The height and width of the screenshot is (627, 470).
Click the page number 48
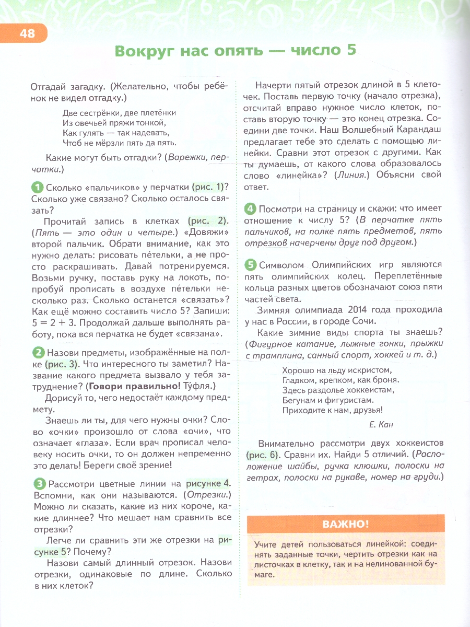coord(27,34)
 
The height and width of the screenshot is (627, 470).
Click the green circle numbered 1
coord(38,187)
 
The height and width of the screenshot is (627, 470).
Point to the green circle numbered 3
coord(38,483)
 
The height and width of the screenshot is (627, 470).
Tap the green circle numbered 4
coord(251,208)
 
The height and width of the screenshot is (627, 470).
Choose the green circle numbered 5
coord(251,264)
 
